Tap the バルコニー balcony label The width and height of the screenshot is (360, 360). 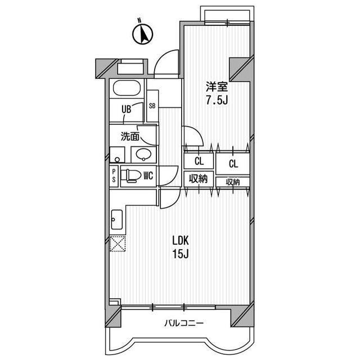coord(184,323)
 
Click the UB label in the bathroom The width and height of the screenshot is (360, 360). coord(127,110)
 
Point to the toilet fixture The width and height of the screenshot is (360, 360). coord(129,175)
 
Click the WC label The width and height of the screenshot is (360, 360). coord(148,175)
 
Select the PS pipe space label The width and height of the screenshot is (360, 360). coord(114,175)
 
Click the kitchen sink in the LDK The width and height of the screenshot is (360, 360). coord(117,219)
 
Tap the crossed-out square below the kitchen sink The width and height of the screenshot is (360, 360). coord(117,245)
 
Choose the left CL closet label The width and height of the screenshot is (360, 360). coord(198,161)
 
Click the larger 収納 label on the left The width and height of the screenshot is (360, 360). coord(198,179)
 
